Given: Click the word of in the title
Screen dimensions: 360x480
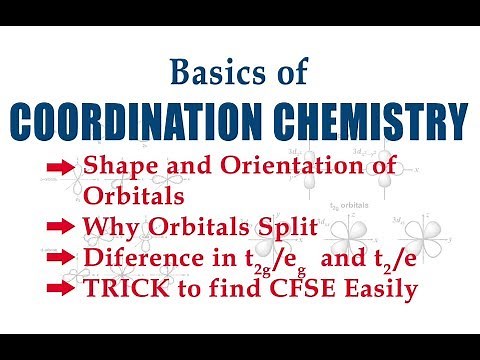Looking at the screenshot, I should tap(277, 72).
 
